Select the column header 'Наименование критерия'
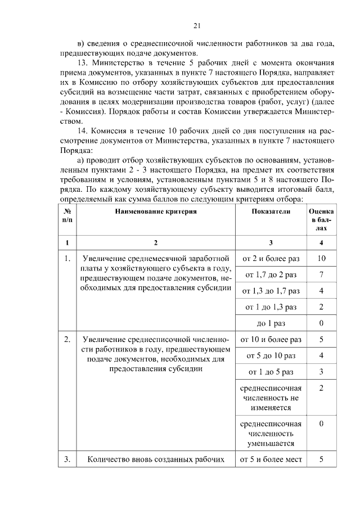tap(156, 211)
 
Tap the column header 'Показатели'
tap(271, 211)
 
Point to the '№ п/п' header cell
tap(67, 216)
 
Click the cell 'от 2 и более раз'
tap(271, 259)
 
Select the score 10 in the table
tap(321, 259)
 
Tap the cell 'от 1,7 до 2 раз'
tap(271, 275)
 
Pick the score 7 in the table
tap(321, 275)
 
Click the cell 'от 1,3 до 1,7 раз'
tap(271, 291)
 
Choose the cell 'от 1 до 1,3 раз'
tap(271, 308)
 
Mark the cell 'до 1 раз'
tap(271, 324)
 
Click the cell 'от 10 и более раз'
tap(271, 340)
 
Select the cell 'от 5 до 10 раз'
tap(271, 356)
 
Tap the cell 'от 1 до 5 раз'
tap(271, 372)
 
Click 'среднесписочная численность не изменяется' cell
tap(271, 398)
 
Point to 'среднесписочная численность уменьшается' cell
tap(271, 434)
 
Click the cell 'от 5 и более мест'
tap(271, 460)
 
